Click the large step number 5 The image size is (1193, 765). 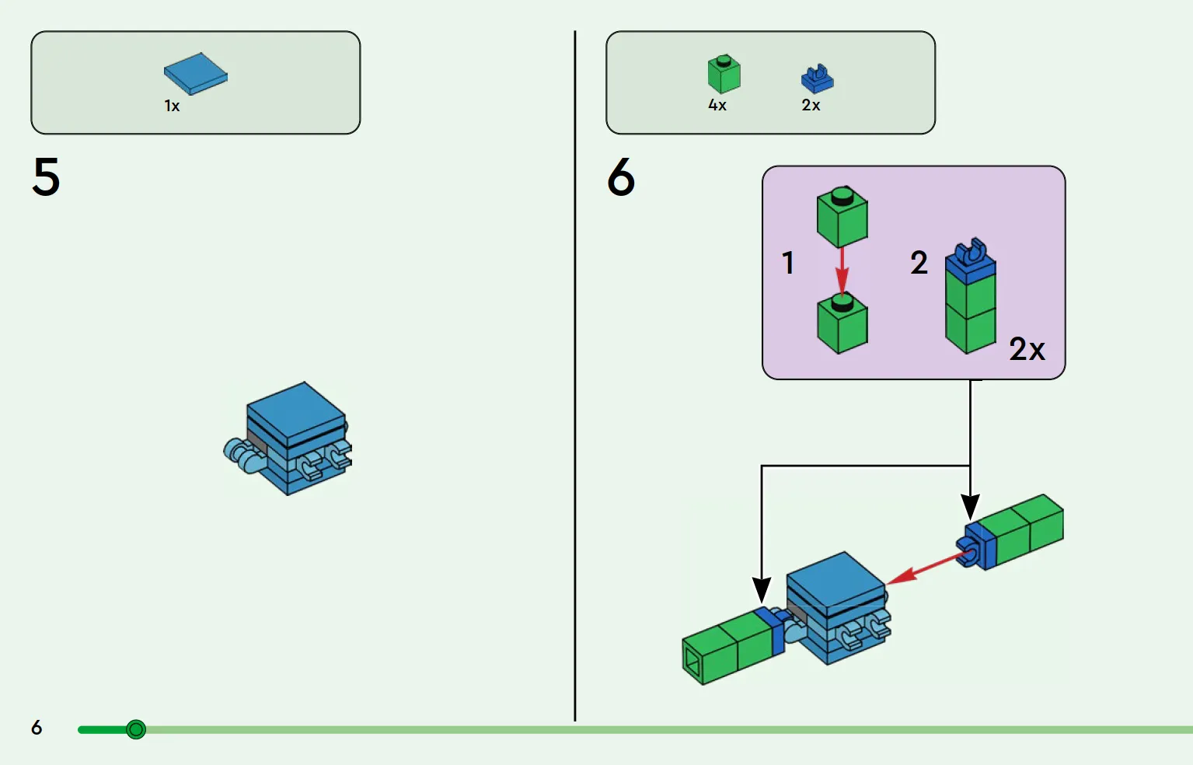click(46, 176)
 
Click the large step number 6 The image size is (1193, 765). click(621, 176)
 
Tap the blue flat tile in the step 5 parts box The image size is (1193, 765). click(195, 74)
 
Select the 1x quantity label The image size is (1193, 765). click(172, 106)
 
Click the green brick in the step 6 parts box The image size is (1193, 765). click(724, 74)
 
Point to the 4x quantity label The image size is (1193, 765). click(717, 105)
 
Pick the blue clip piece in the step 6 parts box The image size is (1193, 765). click(817, 79)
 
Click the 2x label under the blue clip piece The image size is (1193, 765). click(811, 105)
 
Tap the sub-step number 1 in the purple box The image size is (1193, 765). click(788, 263)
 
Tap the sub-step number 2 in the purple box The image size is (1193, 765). click(919, 263)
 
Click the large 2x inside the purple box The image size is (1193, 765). click(1027, 350)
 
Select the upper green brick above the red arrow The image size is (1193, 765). click(842, 216)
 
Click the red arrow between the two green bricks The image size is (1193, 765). click(842, 271)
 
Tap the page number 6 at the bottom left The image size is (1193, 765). click(37, 728)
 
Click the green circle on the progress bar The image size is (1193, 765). click(136, 729)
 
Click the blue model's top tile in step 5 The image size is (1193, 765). click(296, 414)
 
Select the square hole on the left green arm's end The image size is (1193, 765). click(692, 663)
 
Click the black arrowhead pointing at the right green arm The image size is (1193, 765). click(970, 507)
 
